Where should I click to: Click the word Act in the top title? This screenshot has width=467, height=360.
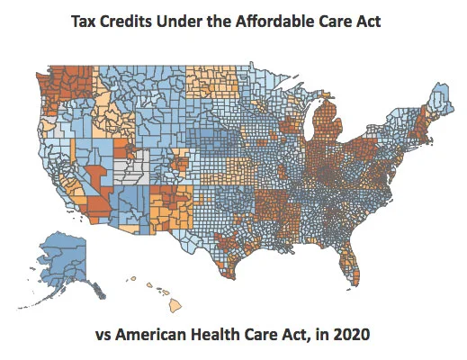click(x=369, y=21)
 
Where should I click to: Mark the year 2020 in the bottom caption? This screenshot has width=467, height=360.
click(x=354, y=337)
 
